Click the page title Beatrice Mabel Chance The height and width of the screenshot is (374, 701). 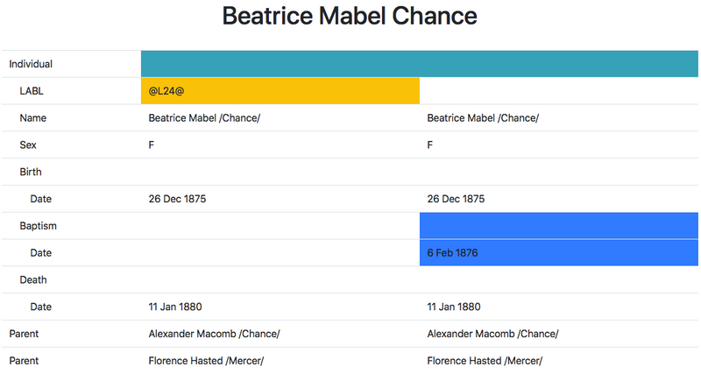click(x=350, y=16)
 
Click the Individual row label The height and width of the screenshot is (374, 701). click(x=31, y=64)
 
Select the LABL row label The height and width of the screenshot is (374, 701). click(x=32, y=91)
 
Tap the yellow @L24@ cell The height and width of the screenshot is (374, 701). click(x=280, y=91)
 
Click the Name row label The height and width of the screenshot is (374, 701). click(x=33, y=118)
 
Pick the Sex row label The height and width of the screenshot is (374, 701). click(x=28, y=145)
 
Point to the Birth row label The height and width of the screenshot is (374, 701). click(x=31, y=172)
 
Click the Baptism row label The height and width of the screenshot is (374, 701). click(x=38, y=226)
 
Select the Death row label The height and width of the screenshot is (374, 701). click(x=33, y=279)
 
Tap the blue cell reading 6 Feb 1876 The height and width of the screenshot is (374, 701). click(x=559, y=253)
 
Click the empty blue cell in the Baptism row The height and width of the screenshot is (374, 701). click(x=559, y=226)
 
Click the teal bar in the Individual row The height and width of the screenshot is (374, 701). click(x=420, y=64)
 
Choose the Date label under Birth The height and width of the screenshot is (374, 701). click(x=40, y=199)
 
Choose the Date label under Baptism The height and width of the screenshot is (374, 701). click(x=40, y=253)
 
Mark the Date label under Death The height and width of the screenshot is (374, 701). click(x=40, y=307)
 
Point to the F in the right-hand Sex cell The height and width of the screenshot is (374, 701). click(x=430, y=145)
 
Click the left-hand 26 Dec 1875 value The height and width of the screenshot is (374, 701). click(x=178, y=199)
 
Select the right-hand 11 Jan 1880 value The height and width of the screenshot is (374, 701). click(x=454, y=307)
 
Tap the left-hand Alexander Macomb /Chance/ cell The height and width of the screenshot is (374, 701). click(x=214, y=334)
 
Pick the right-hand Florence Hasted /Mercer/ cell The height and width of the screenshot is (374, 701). click(x=485, y=361)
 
